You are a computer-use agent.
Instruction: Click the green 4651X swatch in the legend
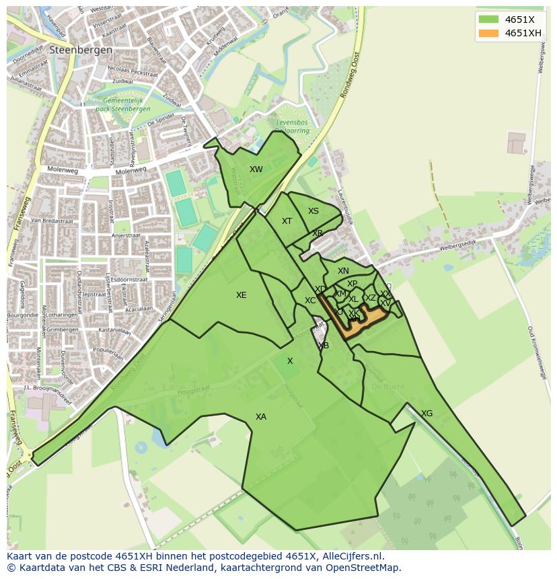pos(488,20)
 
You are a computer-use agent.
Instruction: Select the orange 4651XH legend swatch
pos(488,33)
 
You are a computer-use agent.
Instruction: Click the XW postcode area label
pos(256,169)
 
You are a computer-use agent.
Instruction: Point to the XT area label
pos(287,221)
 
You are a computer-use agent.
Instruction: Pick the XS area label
pos(313,211)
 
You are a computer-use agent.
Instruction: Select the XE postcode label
pos(242,295)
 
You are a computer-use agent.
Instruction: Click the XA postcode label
pos(261,417)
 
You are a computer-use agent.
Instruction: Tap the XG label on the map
pos(426,414)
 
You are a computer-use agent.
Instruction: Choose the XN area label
pos(343,271)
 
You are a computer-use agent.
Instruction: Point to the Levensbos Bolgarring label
pos(293,126)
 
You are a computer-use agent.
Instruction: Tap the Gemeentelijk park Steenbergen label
pos(123,105)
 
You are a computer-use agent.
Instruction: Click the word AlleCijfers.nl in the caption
pos(350,557)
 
